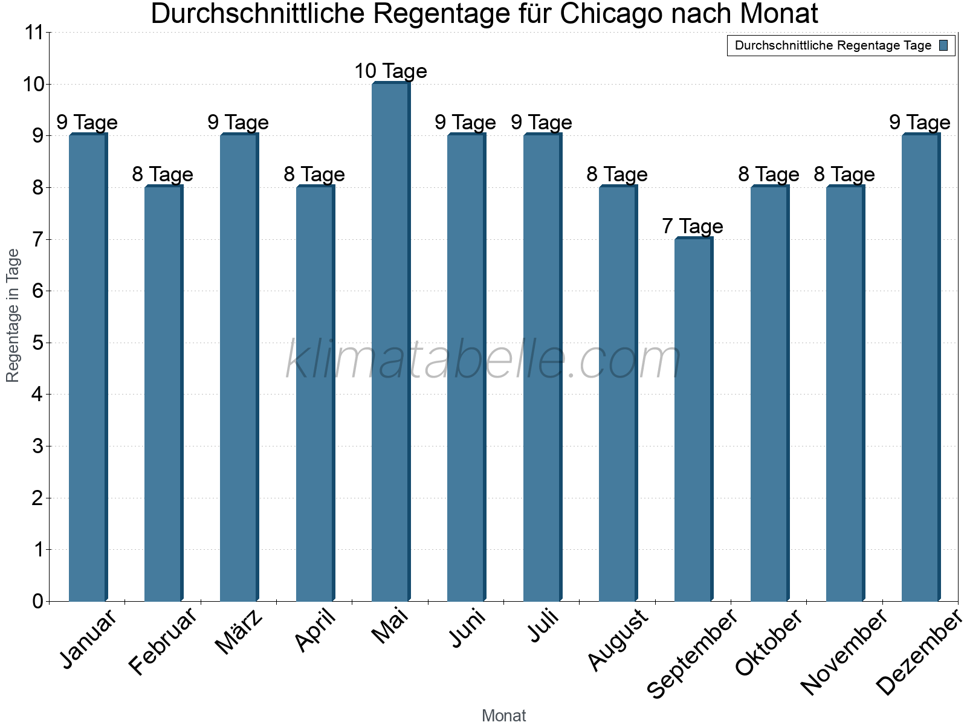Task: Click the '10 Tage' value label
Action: tap(390, 71)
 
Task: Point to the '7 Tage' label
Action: tap(693, 227)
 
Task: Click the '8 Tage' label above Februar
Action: tap(163, 175)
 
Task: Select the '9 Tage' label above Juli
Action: tap(542, 123)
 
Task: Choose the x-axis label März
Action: tap(239, 632)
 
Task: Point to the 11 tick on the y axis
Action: tap(34, 33)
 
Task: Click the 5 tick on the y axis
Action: tap(38, 343)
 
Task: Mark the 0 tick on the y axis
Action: tap(38, 601)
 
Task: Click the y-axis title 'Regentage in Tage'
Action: tap(13, 315)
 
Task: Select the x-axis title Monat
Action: tap(503, 715)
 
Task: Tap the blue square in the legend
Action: tap(943, 45)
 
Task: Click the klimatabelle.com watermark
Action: tap(483, 360)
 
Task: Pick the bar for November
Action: tap(845, 393)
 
